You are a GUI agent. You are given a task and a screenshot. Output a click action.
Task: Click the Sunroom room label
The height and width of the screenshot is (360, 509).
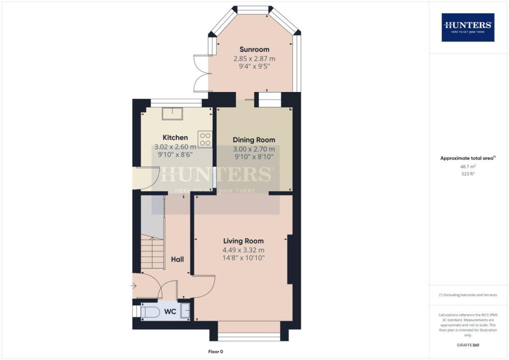pyautogui.click(x=254, y=49)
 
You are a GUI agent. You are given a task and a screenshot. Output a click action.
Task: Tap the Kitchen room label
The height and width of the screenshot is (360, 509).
pyautogui.click(x=175, y=138)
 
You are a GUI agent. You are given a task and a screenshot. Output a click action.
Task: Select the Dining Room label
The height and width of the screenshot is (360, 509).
pyautogui.click(x=254, y=140)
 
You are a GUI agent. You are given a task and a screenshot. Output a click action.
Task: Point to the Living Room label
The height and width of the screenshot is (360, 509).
pyautogui.click(x=244, y=241)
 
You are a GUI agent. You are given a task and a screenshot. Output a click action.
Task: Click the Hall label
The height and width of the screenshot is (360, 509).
pyautogui.click(x=177, y=260)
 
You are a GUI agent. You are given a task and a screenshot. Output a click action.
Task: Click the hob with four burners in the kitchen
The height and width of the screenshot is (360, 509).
pyautogui.click(x=205, y=139)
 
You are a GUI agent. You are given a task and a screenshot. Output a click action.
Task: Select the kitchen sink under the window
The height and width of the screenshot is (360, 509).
pyautogui.click(x=172, y=113)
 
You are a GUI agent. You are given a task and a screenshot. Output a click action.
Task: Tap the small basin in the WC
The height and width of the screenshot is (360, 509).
pyautogui.click(x=185, y=311)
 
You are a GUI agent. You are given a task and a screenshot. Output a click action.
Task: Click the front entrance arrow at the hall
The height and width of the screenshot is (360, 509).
pyautogui.click(x=134, y=285)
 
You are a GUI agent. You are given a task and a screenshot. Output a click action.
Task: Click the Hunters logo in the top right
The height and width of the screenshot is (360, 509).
pyautogui.click(x=468, y=27)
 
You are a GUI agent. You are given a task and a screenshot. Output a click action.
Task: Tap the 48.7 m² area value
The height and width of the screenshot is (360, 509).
pyautogui.click(x=468, y=168)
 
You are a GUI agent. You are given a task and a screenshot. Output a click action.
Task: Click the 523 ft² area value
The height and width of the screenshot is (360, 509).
pyautogui.click(x=468, y=174)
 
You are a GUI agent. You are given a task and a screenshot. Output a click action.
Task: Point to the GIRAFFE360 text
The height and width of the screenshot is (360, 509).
pyautogui.click(x=468, y=345)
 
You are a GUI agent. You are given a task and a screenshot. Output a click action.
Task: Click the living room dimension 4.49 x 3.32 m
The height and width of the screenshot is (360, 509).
pyautogui.click(x=244, y=250)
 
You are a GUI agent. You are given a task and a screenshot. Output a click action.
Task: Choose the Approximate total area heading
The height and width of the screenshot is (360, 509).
pyautogui.click(x=468, y=158)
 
